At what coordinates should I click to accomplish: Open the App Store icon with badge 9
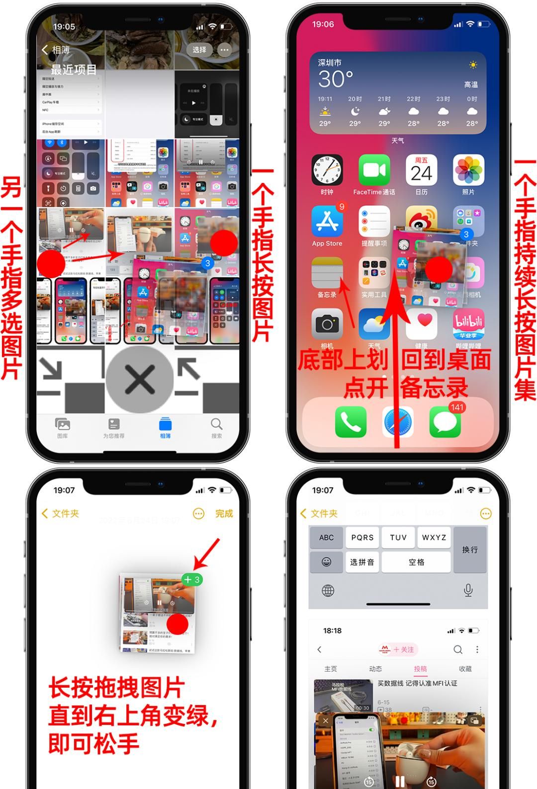pyautogui.click(x=327, y=222)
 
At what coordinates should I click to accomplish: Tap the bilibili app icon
pyautogui.click(x=468, y=324)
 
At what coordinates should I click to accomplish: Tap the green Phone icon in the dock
pyautogui.click(x=351, y=422)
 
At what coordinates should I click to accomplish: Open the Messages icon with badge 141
pyautogui.click(x=445, y=422)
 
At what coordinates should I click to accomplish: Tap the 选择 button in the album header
pyautogui.click(x=199, y=50)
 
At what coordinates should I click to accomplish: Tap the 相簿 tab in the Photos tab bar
pyautogui.click(x=165, y=428)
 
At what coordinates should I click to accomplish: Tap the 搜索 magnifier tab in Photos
pyautogui.click(x=216, y=428)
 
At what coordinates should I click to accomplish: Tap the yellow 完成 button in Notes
pyautogui.click(x=224, y=513)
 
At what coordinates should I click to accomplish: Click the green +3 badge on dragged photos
pyautogui.click(x=192, y=579)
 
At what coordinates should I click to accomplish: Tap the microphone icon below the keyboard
pyautogui.click(x=468, y=590)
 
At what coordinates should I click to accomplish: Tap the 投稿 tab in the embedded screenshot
pyautogui.click(x=420, y=669)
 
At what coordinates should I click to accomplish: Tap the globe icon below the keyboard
pyautogui.click(x=328, y=590)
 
